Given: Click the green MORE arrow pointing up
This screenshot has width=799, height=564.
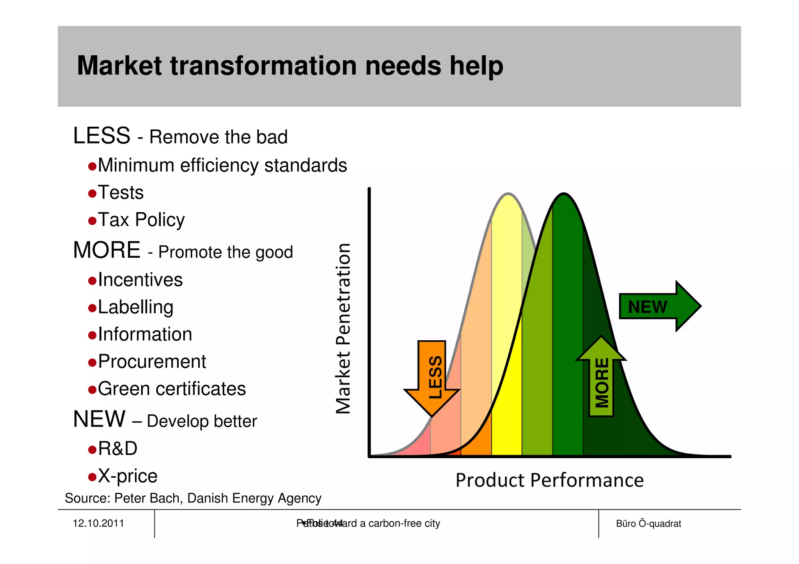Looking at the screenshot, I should coord(601,378).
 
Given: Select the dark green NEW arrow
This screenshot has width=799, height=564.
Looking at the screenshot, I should coord(659,306).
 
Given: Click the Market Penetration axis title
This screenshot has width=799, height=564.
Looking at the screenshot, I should coord(344,328).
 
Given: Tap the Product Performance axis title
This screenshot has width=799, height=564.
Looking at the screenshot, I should coord(549,480).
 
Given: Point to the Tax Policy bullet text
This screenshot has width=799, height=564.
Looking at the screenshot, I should coord(141,220).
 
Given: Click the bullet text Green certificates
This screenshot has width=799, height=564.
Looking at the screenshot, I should coord(172,389).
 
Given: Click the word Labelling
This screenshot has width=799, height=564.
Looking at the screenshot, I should coord(135,307).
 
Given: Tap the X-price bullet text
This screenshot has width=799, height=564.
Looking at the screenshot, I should coord(128,476).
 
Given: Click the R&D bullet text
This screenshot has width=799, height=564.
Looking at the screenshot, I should coord(117,449).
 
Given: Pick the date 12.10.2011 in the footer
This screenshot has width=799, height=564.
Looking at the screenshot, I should coord(98,523).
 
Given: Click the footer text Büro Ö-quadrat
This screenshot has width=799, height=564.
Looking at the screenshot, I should coord(648,524).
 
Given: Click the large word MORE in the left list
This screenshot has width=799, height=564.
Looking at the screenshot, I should coord(107,250).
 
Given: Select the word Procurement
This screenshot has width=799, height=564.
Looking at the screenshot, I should coord(152,362).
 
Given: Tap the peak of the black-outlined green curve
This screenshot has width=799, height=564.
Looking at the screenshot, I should coord(564,194).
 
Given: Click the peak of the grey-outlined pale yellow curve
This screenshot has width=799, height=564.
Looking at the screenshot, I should coord(508,194).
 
